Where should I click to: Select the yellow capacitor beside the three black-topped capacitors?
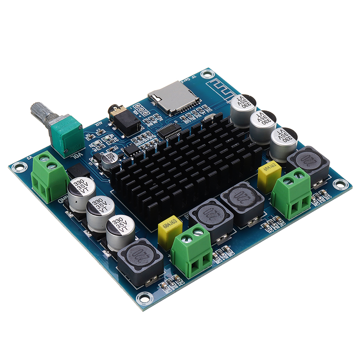(269, 176)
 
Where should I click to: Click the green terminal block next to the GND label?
(49, 176)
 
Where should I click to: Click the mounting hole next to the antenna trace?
(206, 74)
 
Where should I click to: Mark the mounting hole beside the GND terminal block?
(17, 166)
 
